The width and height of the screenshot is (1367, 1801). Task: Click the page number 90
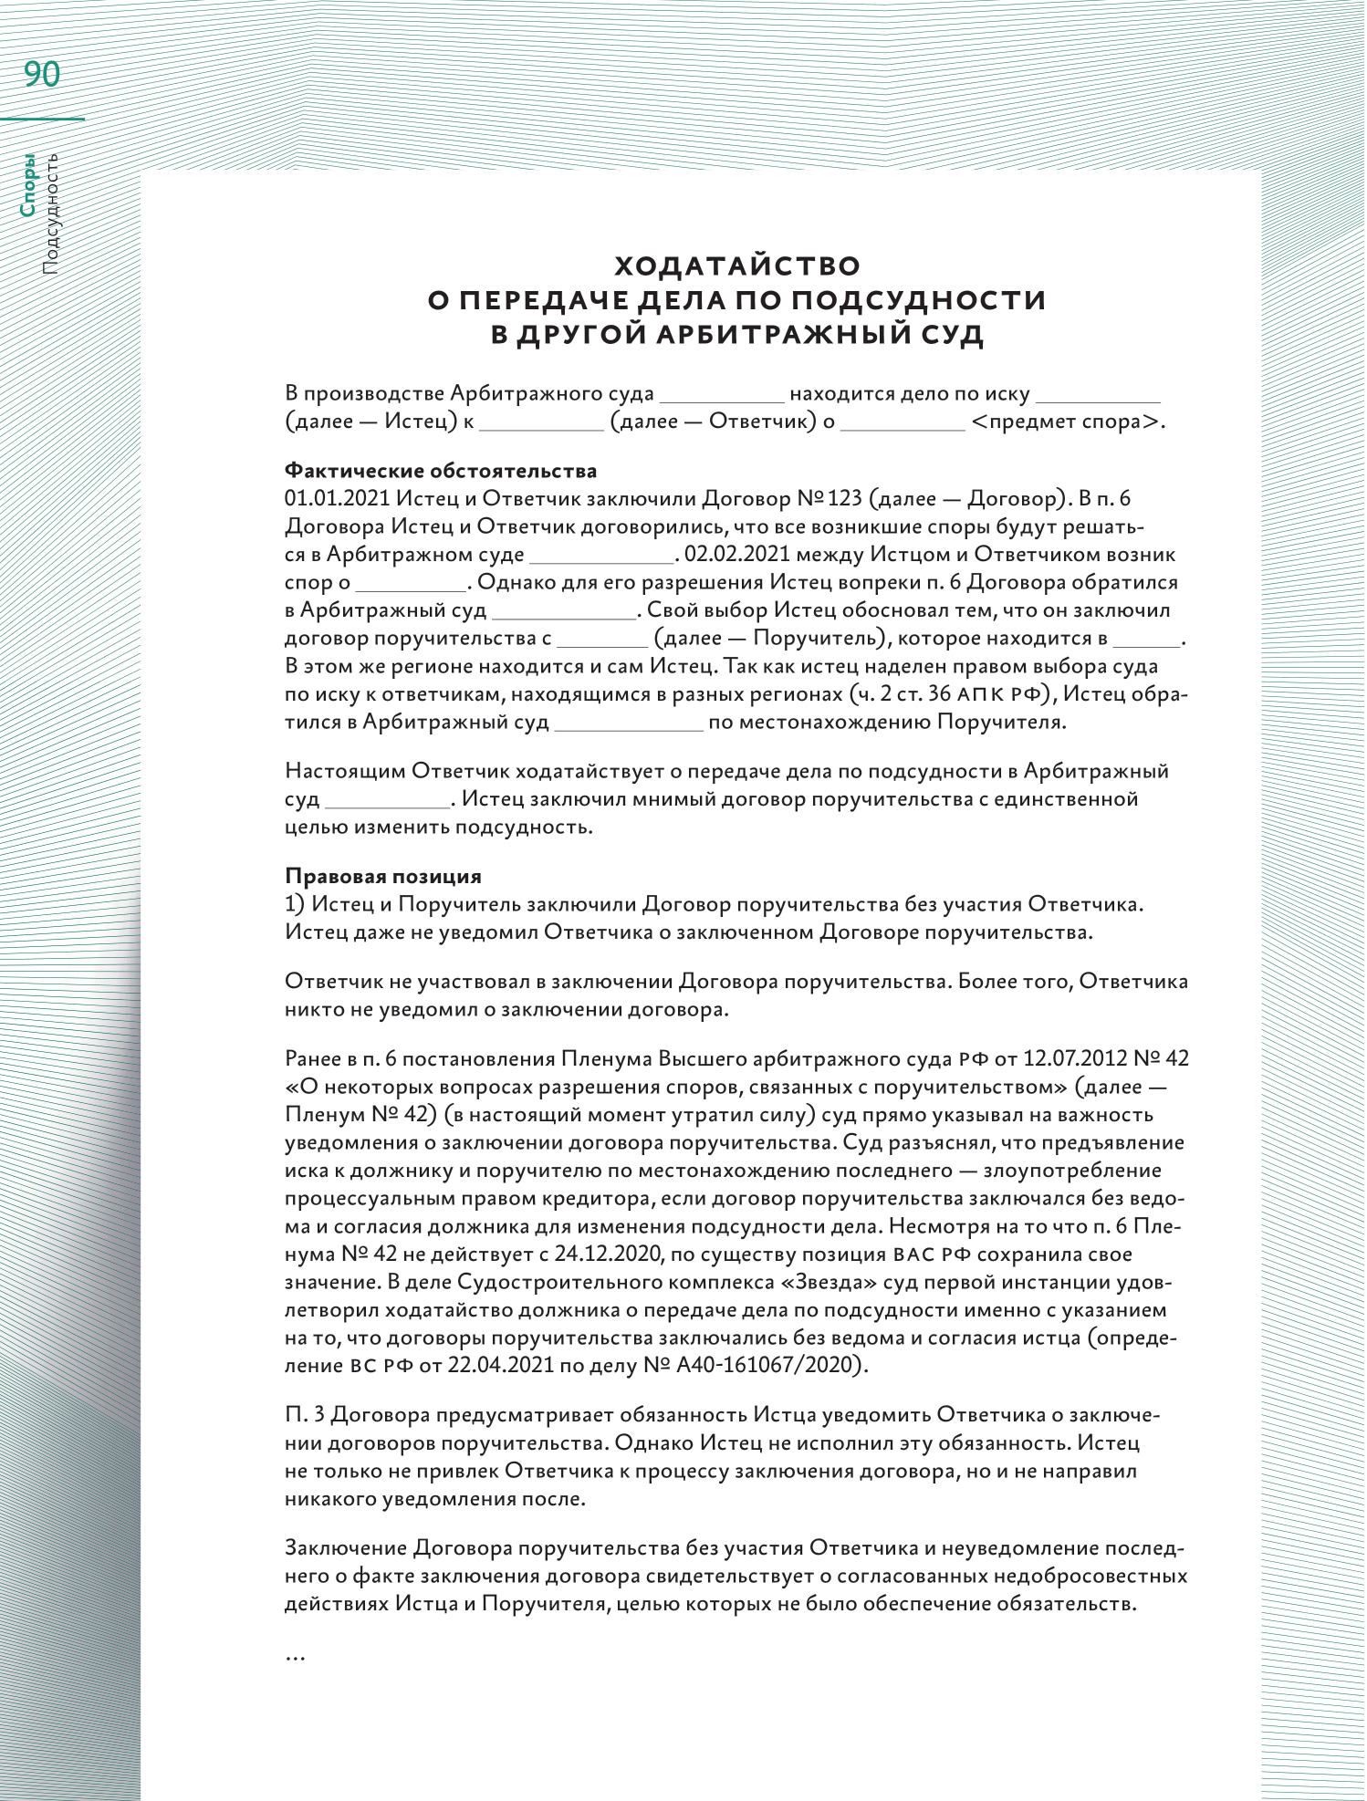[42, 75]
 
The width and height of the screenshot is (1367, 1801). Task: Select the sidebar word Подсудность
[51, 213]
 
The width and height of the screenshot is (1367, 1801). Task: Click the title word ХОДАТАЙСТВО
[737, 265]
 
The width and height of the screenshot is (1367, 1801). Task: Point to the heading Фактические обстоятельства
[441, 471]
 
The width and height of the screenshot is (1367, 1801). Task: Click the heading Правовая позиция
[383, 876]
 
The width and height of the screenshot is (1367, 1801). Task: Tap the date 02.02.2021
[736, 554]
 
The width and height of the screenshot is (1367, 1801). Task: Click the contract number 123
[845, 498]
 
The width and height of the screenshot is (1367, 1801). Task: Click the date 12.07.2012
[1075, 1058]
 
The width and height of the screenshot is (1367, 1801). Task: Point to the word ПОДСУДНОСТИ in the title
[918, 300]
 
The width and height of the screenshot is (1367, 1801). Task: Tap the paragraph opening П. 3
[306, 1415]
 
